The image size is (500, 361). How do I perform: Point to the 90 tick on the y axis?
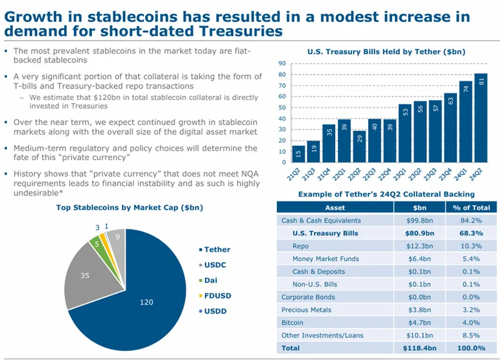281,63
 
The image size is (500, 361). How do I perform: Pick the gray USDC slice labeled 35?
86,275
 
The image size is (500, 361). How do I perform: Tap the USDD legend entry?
216,310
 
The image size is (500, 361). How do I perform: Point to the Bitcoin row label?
292,322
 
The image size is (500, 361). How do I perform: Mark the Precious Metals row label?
306,310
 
